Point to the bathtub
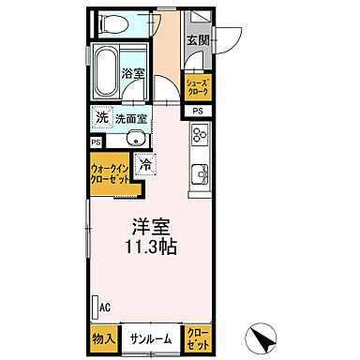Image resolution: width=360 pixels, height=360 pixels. pos(105,71)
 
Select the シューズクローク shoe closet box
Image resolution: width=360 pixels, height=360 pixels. pos(197,87)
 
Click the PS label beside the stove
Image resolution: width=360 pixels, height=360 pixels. pos(197,111)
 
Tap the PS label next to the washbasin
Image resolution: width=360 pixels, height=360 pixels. pos(96,142)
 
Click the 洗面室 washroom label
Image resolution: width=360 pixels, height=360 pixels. pos(133,119)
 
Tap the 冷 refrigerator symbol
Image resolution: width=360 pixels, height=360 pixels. pos(146,165)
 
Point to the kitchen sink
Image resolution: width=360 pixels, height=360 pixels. pos(199,174)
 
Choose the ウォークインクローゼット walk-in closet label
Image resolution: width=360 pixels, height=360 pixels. pos(111,176)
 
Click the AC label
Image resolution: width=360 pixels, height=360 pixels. pos(105,307)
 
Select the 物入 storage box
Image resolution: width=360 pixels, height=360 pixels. pos(102,337)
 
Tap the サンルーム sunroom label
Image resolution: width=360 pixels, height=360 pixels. pos(150,337)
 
